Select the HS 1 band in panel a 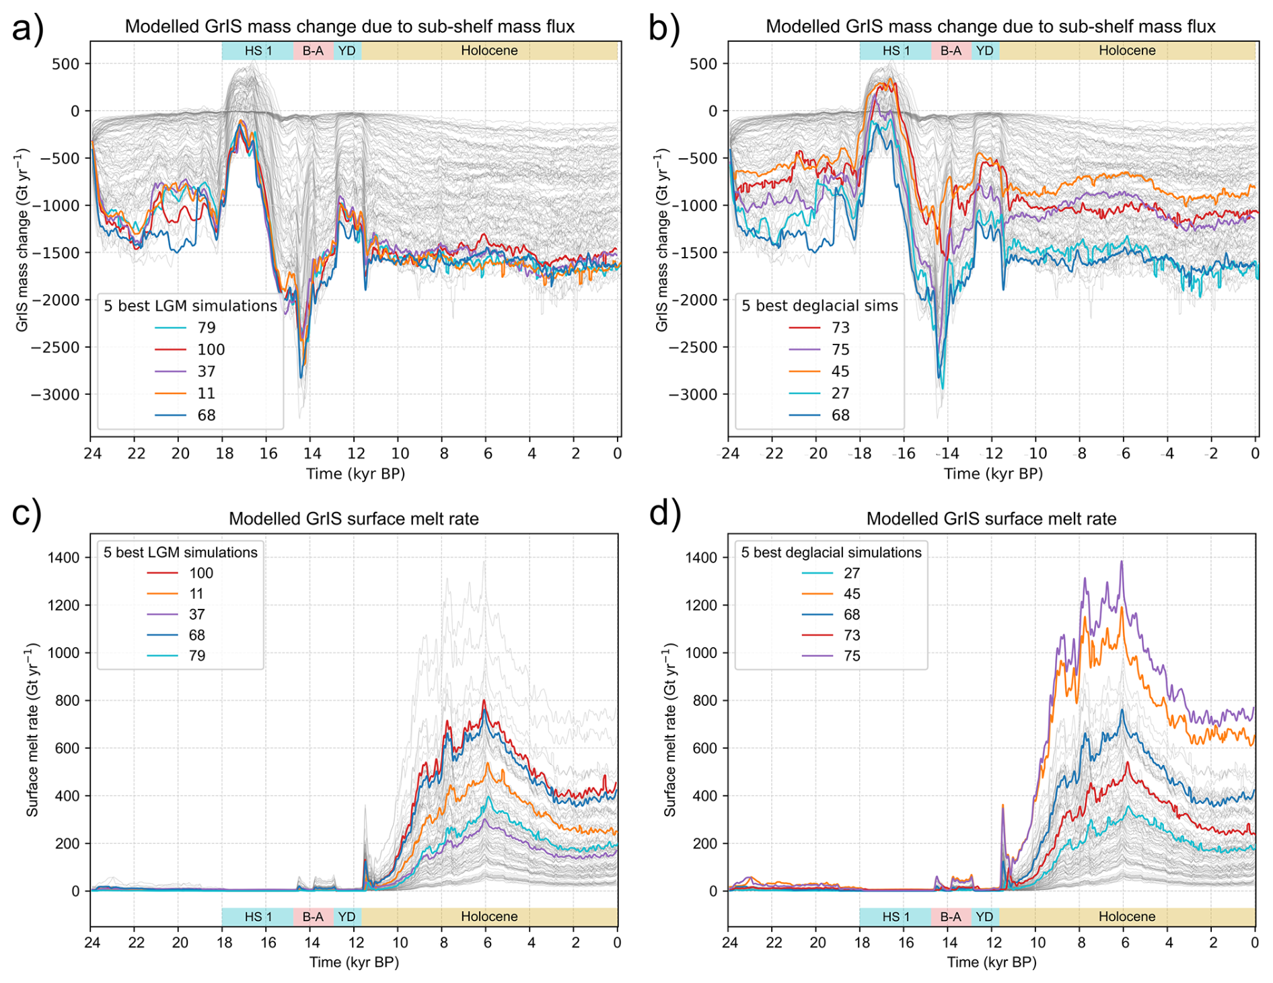pos(258,50)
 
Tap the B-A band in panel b pos(951,50)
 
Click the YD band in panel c pos(347,916)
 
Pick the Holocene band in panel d pos(1127,916)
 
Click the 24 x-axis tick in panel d pos(729,942)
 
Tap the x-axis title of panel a pos(355,474)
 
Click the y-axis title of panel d pos(670,730)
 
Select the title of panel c pos(354,519)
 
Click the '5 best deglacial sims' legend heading pos(820,305)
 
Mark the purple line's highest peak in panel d pos(1121,562)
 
